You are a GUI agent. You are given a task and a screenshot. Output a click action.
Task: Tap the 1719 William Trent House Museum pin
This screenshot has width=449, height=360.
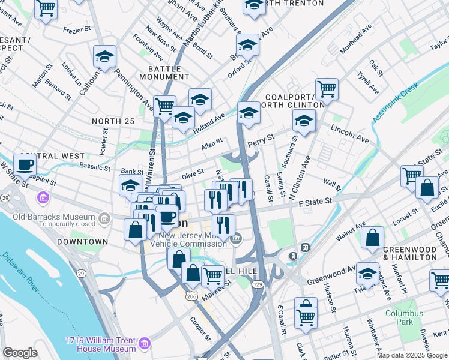click(x=144, y=343)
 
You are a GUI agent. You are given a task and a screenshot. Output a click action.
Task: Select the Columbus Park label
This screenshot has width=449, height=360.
click(x=404, y=317)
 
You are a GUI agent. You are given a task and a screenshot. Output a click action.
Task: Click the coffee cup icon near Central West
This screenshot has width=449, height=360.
click(x=25, y=163)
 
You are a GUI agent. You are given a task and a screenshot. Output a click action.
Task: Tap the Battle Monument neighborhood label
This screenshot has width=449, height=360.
click(x=164, y=73)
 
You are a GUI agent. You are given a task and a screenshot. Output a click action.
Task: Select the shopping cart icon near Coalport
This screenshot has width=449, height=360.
click(x=327, y=89)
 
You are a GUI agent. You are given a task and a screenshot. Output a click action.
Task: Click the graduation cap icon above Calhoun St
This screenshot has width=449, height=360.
click(x=104, y=57)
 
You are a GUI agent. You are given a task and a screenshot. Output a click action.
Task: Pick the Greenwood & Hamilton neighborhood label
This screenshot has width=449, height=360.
click(x=410, y=253)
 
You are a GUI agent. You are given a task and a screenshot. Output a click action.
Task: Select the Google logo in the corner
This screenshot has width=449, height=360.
click(x=20, y=353)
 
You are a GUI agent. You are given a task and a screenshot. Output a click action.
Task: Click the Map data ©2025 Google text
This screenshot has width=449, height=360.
click(x=411, y=355)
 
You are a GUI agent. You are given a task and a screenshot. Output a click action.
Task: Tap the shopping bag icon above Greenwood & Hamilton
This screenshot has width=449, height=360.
click(x=372, y=237)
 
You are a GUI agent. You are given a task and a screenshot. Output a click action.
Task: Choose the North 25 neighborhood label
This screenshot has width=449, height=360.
click(x=113, y=121)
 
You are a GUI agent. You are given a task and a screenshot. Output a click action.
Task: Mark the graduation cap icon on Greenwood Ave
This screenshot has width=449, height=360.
click(x=367, y=274)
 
